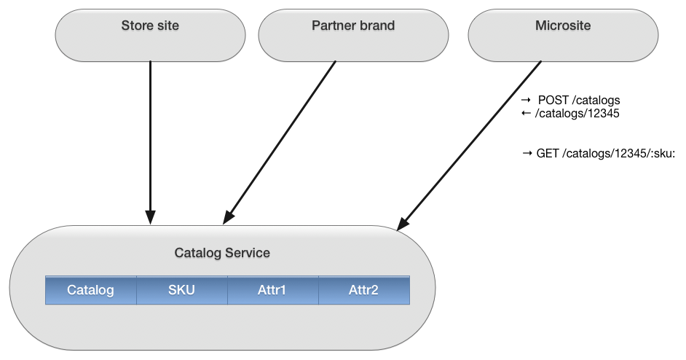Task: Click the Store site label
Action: (150, 26)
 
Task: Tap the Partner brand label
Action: (353, 26)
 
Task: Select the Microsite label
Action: (563, 26)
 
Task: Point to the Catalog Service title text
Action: (222, 253)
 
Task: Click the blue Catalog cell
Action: (91, 290)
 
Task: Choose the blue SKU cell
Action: (182, 290)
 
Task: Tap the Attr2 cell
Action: (364, 290)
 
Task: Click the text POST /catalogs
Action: (579, 101)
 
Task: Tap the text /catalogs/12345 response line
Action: (577, 114)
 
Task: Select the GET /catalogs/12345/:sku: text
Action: (606, 153)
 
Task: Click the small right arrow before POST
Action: (526, 100)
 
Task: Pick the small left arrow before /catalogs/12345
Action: (526, 113)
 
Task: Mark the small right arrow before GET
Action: (527, 153)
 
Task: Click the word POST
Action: (553, 101)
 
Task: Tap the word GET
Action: (548, 153)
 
